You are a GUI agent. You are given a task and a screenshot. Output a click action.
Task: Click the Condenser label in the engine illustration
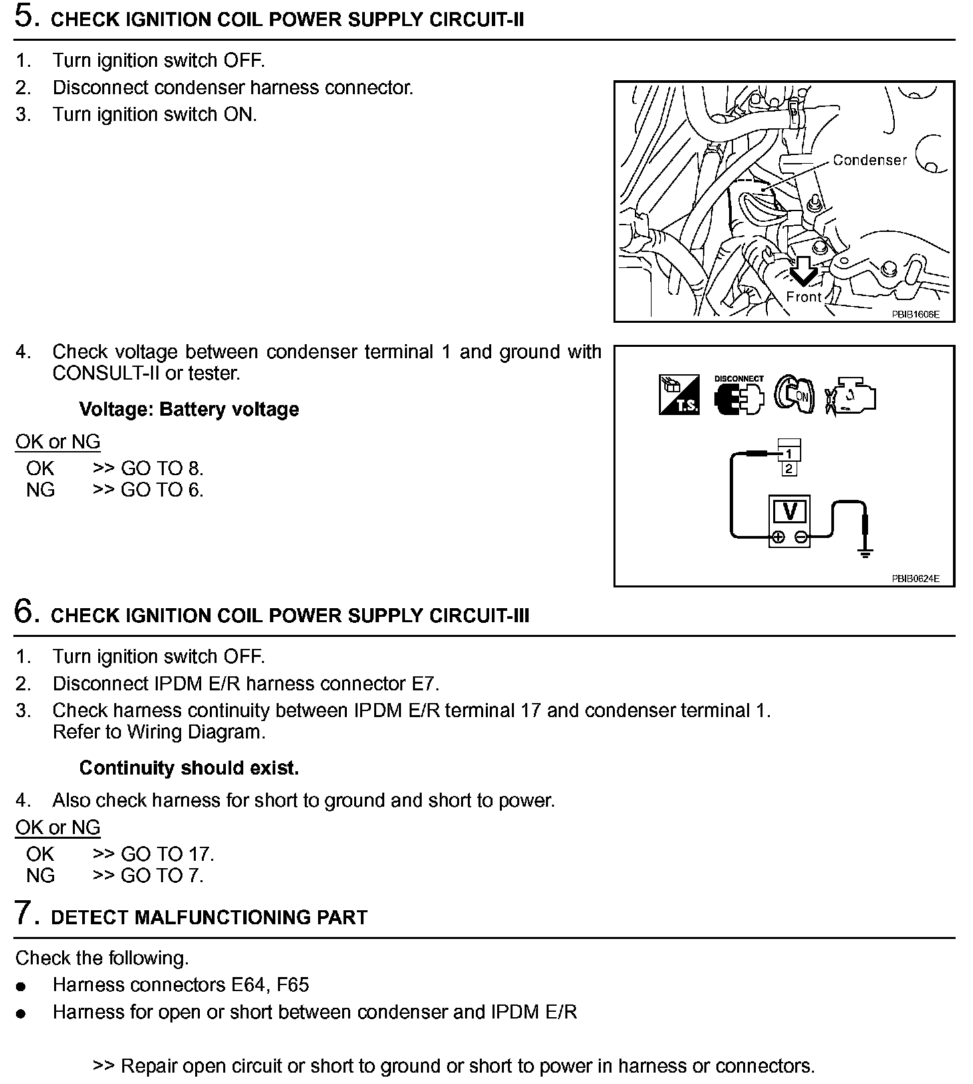pos(869,160)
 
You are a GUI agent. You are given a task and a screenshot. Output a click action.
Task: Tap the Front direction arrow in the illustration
pos(803,271)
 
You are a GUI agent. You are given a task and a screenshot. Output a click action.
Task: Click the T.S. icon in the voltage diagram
pos(679,395)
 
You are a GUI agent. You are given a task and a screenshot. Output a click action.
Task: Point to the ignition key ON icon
pos(795,394)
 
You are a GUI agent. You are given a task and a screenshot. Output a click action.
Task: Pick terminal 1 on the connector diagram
pos(789,454)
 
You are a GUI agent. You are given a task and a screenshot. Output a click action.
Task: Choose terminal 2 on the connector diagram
pos(789,468)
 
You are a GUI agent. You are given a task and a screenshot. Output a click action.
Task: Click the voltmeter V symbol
pos(790,511)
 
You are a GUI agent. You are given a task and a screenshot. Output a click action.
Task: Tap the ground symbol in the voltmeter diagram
pos(865,552)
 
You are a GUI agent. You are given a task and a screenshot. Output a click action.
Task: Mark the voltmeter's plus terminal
pos(778,537)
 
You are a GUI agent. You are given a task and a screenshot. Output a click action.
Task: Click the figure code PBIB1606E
pos(915,314)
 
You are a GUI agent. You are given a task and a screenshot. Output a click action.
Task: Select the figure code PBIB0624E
pos(915,579)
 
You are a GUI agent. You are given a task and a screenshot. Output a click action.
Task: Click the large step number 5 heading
pos(24,17)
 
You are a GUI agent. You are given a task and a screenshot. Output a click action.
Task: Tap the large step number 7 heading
pos(24,914)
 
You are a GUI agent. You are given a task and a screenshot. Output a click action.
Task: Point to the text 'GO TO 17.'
pos(167,854)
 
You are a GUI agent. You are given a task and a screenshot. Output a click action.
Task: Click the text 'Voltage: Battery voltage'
pos(189,409)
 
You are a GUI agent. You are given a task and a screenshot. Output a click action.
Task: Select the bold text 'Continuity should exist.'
pos(189,768)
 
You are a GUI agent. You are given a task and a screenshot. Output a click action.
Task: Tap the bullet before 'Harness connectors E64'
pos(21,986)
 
